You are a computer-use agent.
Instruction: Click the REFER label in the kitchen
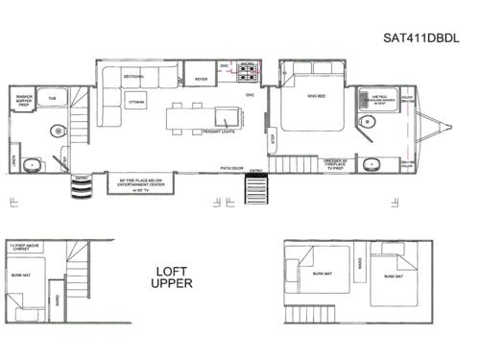point(202,80)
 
